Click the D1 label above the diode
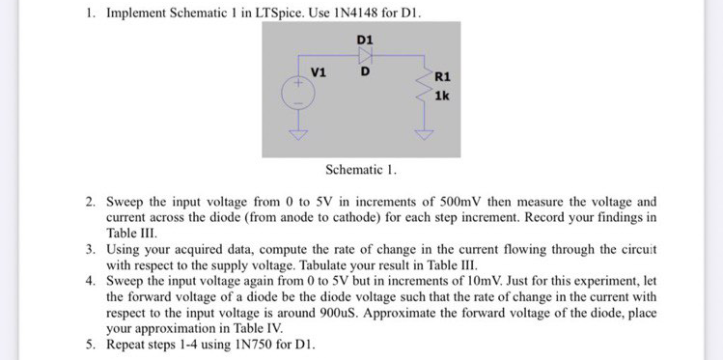click(x=367, y=38)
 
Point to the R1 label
click(x=443, y=76)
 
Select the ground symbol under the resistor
click(x=422, y=134)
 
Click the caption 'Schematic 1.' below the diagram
click(x=361, y=170)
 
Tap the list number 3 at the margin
click(x=90, y=249)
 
